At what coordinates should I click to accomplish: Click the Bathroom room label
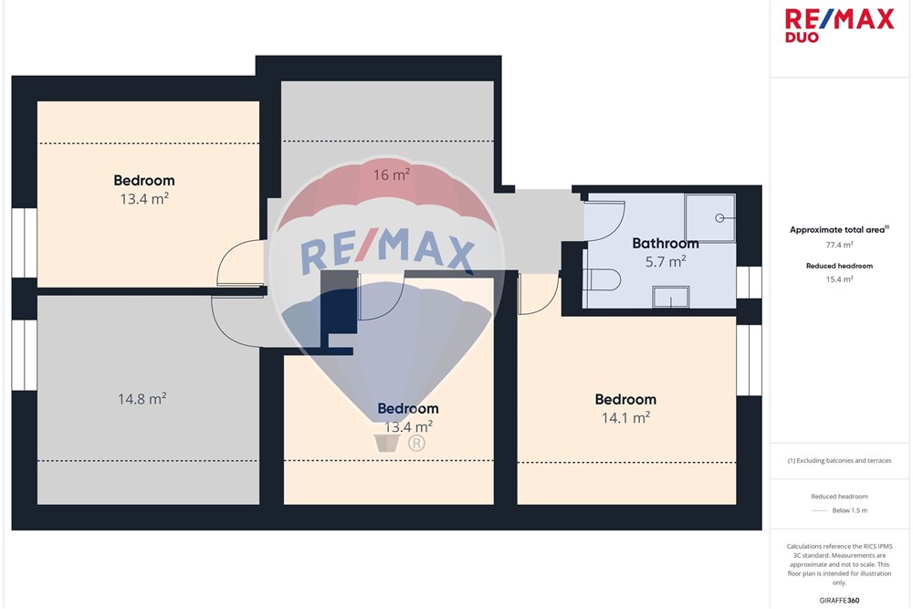coord(666,244)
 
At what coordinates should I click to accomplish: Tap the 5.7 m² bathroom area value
coord(666,262)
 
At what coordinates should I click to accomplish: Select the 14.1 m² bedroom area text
coord(626,417)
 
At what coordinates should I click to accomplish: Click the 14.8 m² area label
coord(142,399)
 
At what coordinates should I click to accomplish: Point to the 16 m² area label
coord(392,174)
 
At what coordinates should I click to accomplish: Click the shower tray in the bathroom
coord(709,217)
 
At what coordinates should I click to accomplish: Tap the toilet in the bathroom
coord(602,279)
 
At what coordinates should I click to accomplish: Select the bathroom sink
coord(671,297)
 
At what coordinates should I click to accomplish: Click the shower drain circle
coord(719,218)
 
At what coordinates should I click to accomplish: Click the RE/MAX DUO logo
coord(839,25)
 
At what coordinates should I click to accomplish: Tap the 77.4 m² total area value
coord(839,245)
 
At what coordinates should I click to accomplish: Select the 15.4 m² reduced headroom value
coord(839,279)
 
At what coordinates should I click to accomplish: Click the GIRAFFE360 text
coord(839,600)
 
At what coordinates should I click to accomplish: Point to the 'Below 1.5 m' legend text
coord(849,510)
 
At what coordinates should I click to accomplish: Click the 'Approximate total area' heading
coord(837,230)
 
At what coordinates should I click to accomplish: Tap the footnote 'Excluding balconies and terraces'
coord(844,460)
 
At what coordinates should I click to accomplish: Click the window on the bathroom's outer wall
coord(749,282)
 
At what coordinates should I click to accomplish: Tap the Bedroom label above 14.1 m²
coord(626,399)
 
